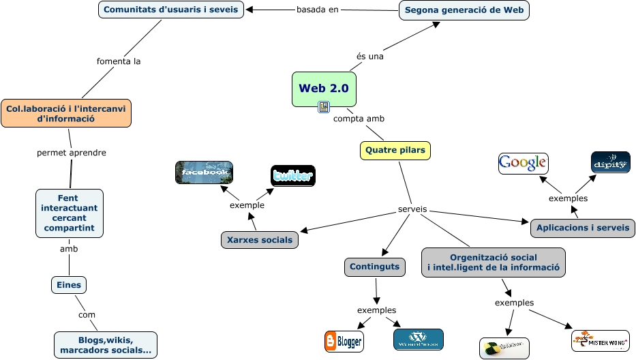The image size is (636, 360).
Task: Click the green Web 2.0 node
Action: [x=324, y=89]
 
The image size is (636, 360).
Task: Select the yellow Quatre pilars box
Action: [x=395, y=150]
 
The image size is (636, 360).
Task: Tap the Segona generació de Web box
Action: [x=464, y=10]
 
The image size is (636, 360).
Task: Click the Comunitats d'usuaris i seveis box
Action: [x=171, y=10]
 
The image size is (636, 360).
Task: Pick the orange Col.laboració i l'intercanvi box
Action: [x=66, y=113]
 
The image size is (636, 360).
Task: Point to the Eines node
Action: [x=70, y=285]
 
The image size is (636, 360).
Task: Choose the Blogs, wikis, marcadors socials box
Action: [x=106, y=345]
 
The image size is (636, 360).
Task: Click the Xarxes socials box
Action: [x=259, y=239]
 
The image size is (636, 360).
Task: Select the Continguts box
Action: [x=374, y=267]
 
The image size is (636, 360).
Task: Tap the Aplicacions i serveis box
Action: [x=582, y=228]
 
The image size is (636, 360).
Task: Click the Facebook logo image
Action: [x=204, y=172]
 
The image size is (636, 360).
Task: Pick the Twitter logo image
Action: [x=292, y=176]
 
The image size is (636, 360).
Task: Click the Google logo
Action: [x=523, y=163]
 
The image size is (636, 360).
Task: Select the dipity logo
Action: [x=610, y=162]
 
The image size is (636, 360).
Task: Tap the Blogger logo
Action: [x=344, y=341]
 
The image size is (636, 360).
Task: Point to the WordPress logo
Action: [x=418, y=339]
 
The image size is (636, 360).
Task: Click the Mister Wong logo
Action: [x=600, y=340]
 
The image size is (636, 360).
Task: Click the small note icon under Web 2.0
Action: [x=324, y=107]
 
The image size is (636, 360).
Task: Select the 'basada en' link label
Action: [x=317, y=10]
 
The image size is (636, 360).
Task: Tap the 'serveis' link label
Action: [x=412, y=209]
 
